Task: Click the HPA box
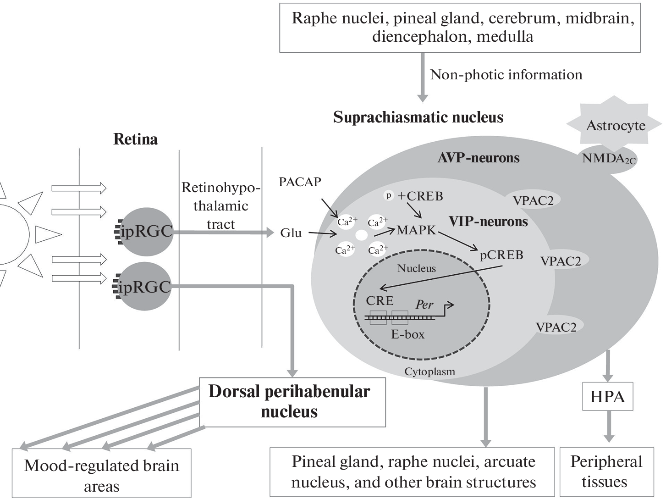pyautogui.click(x=607, y=396)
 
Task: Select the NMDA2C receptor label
pyautogui.click(x=609, y=159)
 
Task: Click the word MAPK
pyautogui.click(x=416, y=230)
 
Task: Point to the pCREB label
pyautogui.click(x=501, y=255)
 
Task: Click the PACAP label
pyautogui.click(x=300, y=182)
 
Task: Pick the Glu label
pyautogui.click(x=291, y=233)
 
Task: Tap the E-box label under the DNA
pyautogui.click(x=407, y=334)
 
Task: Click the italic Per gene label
pyautogui.click(x=424, y=304)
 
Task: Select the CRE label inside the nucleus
pyautogui.click(x=380, y=300)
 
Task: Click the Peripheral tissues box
pyautogui.click(x=606, y=471)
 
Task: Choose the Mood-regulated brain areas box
pyautogui.click(x=101, y=476)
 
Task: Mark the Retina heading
pyautogui.click(x=135, y=139)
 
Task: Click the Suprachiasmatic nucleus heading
pyautogui.click(x=418, y=117)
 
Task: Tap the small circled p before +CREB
pyautogui.click(x=389, y=195)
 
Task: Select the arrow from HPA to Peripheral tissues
pyautogui.click(x=608, y=426)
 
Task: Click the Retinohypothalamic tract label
pyautogui.click(x=220, y=205)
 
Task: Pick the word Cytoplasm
pyautogui.click(x=429, y=371)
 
